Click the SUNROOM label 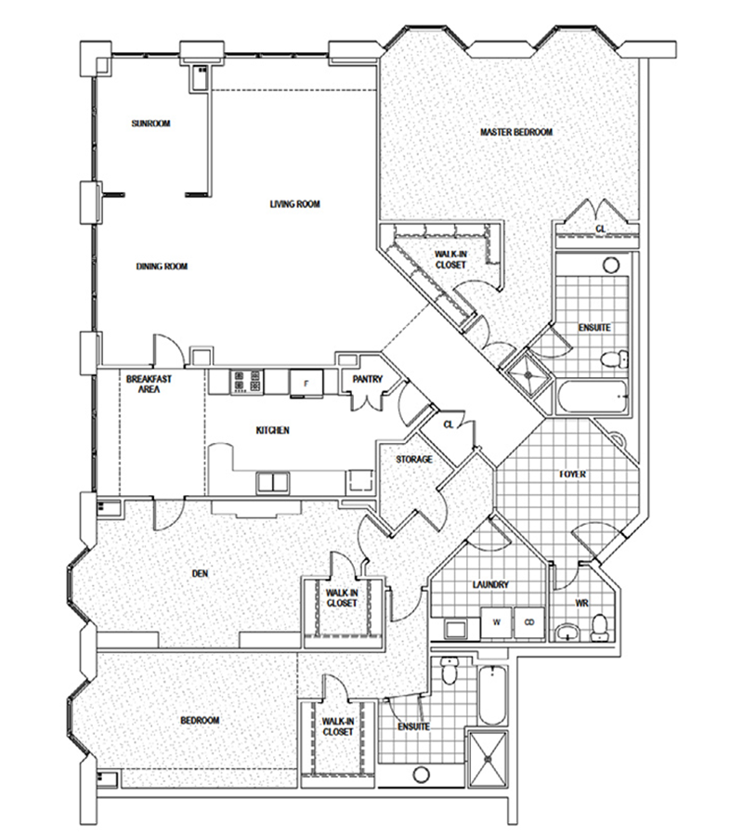[x=150, y=124]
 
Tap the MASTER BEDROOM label [x=516, y=132]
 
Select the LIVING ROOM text [x=294, y=203]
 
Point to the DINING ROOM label [x=162, y=266]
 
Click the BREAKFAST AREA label [x=149, y=384]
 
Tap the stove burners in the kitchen [x=246, y=382]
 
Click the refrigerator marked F [x=306, y=383]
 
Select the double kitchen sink [x=272, y=482]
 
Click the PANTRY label [x=368, y=379]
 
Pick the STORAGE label [x=414, y=459]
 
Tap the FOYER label [x=573, y=474]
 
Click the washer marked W [x=497, y=622]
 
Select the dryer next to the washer [x=529, y=622]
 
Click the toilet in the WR [x=600, y=628]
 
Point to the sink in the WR [x=568, y=633]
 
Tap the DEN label [x=200, y=573]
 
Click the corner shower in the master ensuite [x=528, y=375]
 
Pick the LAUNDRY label [x=490, y=584]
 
